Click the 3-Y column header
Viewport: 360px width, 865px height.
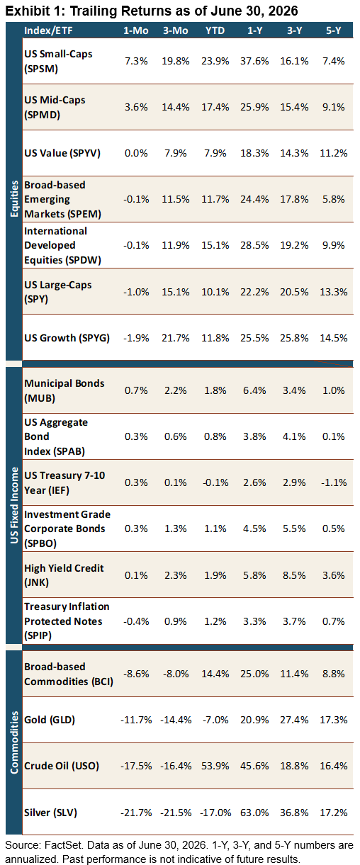click(x=294, y=30)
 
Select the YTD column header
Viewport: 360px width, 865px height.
click(x=215, y=30)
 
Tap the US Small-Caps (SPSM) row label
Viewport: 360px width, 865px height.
click(x=58, y=61)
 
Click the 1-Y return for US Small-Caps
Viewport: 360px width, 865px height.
click(x=254, y=61)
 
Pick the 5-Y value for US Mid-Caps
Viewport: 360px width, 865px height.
click(x=334, y=107)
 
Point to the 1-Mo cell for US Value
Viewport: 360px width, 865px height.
click(x=136, y=153)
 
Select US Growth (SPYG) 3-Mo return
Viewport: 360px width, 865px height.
click(x=175, y=338)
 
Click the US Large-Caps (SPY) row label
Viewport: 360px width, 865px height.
click(x=58, y=292)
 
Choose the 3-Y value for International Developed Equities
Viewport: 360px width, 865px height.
click(x=294, y=245)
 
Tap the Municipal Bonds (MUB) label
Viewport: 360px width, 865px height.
click(x=64, y=390)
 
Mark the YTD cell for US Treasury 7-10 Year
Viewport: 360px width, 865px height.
click(x=215, y=482)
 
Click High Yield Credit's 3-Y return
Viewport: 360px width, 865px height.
click(x=294, y=575)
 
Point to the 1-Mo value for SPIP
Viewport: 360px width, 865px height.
click(x=136, y=621)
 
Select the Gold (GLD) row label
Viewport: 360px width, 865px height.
click(x=50, y=720)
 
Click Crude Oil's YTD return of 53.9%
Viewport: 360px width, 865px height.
click(x=215, y=766)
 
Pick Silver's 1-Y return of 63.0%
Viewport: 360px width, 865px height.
click(x=254, y=813)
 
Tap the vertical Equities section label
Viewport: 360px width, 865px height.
click(x=14, y=199)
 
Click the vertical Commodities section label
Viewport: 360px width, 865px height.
click(x=14, y=742)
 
